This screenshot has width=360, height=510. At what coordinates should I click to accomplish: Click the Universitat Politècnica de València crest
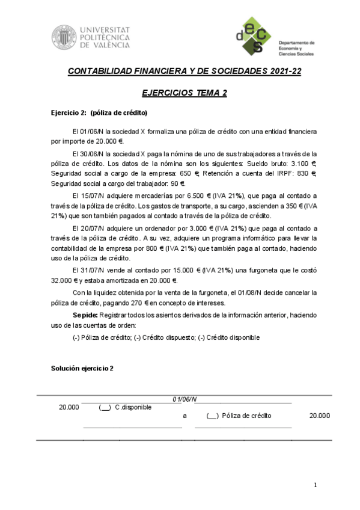click(x=63, y=37)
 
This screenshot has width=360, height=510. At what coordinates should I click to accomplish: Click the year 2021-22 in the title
click(x=282, y=71)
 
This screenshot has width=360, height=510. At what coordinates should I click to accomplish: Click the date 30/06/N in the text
click(x=91, y=153)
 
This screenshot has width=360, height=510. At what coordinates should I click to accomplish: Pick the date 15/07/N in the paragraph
click(x=91, y=195)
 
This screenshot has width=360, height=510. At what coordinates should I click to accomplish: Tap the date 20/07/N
click(x=91, y=229)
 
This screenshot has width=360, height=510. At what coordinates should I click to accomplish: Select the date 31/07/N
click(x=91, y=271)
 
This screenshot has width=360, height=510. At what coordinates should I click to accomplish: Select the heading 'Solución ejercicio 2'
click(x=82, y=368)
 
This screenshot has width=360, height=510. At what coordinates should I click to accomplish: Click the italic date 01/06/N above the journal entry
click(x=185, y=399)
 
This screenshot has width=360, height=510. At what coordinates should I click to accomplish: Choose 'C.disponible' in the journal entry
click(x=133, y=407)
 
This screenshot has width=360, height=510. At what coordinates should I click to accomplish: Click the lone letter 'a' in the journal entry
click(x=185, y=416)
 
